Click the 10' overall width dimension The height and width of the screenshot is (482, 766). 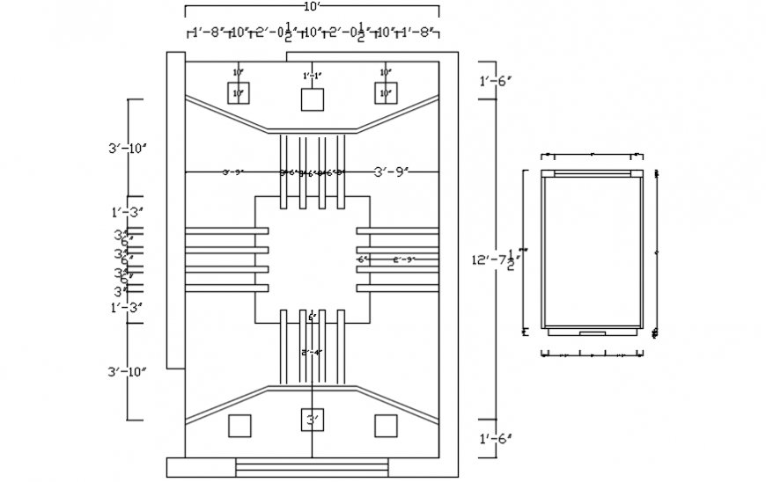[x=312, y=6]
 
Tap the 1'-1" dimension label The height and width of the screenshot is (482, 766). [x=312, y=76]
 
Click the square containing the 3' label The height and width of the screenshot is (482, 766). [x=312, y=421]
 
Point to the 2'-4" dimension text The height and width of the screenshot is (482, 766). [x=312, y=353]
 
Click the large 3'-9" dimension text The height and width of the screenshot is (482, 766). [x=394, y=172]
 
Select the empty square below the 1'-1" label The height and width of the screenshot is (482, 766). [x=312, y=99]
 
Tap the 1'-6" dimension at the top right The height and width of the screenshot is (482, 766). [x=496, y=81]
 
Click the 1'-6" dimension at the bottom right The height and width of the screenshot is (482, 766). [x=496, y=438]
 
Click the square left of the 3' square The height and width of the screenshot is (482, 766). [x=239, y=426]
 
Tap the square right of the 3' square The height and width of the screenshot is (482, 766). [x=385, y=426]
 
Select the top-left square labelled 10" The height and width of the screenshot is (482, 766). [x=239, y=92]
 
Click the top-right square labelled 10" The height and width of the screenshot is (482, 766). [x=385, y=92]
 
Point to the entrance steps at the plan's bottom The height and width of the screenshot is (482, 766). [x=313, y=467]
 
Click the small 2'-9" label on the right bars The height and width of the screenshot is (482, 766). [x=403, y=259]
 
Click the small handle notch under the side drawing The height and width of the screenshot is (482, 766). [x=592, y=333]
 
